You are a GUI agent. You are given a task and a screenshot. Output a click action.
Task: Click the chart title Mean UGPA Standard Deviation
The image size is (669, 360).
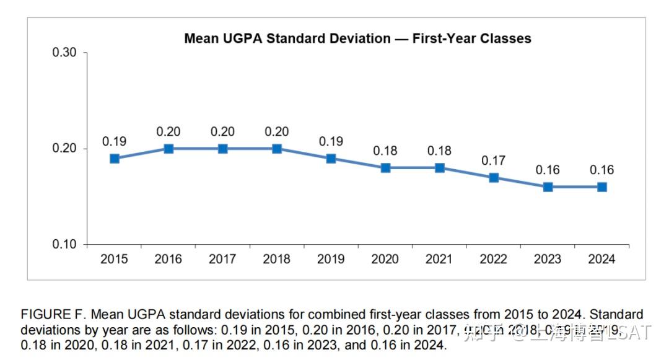point(357,38)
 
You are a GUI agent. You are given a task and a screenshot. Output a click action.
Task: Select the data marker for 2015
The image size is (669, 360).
point(115,159)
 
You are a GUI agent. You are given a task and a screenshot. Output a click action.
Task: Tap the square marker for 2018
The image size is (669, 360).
point(277,149)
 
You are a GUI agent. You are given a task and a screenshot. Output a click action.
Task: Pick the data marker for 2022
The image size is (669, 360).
point(494,178)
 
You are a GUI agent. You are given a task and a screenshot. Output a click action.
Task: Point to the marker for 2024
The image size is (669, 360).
point(602,187)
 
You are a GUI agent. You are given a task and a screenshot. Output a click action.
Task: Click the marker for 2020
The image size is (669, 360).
point(385,168)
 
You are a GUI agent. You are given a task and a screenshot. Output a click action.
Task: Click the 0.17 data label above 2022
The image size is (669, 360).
point(494,160)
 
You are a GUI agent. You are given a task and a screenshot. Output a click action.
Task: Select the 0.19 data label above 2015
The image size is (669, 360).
point(115,141)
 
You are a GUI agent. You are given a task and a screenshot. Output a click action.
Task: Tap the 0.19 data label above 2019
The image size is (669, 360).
point(331,141)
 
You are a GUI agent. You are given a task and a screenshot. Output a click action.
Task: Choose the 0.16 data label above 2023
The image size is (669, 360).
point(548,170)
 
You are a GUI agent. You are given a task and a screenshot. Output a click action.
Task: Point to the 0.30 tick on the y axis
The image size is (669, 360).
point(64,53)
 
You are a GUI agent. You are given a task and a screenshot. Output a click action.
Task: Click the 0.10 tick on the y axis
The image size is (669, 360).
point(64,245)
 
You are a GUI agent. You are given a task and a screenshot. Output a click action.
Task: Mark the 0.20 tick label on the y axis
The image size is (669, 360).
point(64,149)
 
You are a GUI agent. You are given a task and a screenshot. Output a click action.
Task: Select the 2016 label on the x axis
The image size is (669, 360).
point(168,259)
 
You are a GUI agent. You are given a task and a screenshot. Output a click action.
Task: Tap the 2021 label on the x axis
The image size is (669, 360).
point(439,259)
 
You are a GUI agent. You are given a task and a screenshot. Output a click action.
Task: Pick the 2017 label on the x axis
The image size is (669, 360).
point(222,259)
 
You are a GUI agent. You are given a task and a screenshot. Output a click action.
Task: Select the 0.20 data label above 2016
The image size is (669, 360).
point(168,131)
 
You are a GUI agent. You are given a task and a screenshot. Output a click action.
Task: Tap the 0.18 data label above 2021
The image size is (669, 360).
point(439,151)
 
